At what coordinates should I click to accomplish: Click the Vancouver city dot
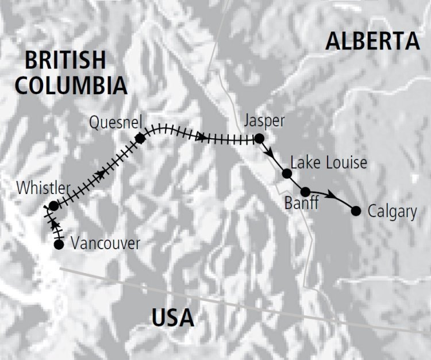coord(59,245)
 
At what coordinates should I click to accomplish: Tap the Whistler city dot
coord(53,206)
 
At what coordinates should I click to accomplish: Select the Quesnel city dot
coord(140,138)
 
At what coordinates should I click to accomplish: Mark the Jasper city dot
coord(259,138)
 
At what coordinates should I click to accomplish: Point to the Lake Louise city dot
coord(287,173)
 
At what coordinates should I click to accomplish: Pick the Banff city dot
coord(306,192)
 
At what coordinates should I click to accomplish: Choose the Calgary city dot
coord(356,211)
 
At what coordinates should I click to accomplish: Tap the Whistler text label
coord(44,188)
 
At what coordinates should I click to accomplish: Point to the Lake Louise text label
coord(329,163)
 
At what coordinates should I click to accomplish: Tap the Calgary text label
coord(392,212)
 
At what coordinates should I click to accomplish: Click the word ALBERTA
coord(373,41)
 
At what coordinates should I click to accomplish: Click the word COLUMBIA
coord(71,85)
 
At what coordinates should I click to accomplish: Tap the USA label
coord(173,316)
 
